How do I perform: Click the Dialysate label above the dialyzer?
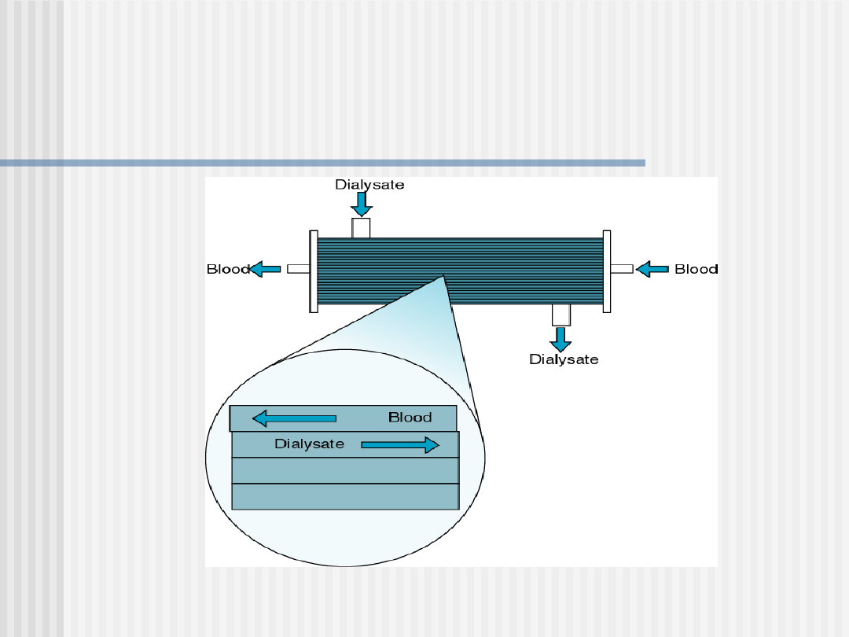coord(369,185)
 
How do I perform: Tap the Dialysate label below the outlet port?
coord(563,359)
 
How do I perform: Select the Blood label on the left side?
coord(228,269)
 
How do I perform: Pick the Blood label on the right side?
coord(696,269)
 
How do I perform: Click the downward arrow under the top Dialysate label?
coord(362,204)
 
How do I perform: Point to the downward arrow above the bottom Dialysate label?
coord(560,339)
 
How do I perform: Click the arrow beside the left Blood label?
coord(266,269)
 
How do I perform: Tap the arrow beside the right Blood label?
coord(652,269)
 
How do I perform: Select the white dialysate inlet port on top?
coord(361,228)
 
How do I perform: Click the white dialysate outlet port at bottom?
coord(560,315)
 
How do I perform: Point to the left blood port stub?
coord(298,269)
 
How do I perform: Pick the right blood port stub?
coord(621,269)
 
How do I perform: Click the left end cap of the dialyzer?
coord(314,271)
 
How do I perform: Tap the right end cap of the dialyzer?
coord(607,271)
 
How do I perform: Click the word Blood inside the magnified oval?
coord(410,418)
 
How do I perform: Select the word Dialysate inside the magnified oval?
coord(309,444)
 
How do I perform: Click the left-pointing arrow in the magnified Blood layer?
coord(294,418)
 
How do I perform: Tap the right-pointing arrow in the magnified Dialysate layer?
coord(399,445)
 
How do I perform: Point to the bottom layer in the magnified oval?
coord(345,496)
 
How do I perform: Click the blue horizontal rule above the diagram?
coord(322,163)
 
